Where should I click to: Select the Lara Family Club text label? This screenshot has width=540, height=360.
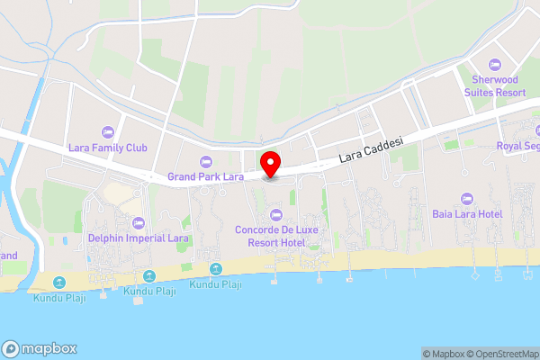coord(107,147)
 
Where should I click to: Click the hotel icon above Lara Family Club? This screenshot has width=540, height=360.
coord(108,131)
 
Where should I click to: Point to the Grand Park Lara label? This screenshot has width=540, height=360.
coord(206,176)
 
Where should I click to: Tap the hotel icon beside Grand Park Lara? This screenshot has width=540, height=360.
coord(206,162)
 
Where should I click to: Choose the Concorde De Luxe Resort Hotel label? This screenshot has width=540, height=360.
coord(275,235)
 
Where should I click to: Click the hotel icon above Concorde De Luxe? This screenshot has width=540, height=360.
coord(275,214)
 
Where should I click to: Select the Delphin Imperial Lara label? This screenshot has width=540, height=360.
coord(138,238)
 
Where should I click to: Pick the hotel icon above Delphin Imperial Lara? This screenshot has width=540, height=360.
coord(138,223)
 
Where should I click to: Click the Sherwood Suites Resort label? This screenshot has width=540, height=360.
coord(494,85)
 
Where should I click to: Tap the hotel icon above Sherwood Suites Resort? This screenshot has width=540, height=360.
coord(494,65)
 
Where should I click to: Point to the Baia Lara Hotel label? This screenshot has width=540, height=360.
coord(466,213)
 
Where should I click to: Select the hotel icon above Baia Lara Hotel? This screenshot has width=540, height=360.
coord(466,198)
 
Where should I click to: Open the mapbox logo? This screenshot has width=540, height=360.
coord(39,349)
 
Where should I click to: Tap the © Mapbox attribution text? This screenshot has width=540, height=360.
coord(441,354)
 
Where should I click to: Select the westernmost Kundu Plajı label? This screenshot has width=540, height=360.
coord(59,298)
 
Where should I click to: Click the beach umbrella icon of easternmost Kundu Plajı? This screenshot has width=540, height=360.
coord(216,269)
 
